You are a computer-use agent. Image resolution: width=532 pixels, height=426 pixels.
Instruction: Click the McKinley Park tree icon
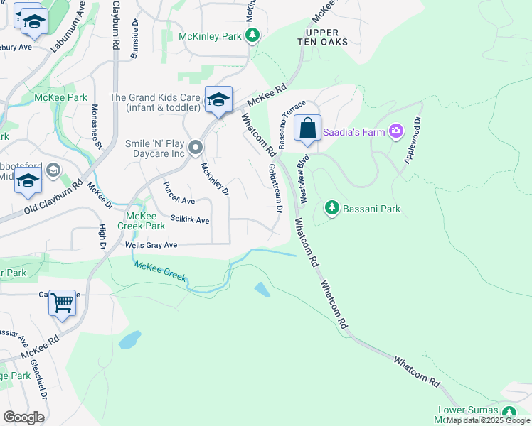(x=251, y=35)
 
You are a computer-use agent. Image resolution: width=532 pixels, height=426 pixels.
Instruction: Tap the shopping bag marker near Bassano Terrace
(x=307, y=129)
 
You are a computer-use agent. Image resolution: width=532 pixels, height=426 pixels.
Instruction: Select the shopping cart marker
(x=63, y=303)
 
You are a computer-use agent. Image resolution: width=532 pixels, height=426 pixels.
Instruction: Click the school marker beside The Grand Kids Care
(x=218, y=100)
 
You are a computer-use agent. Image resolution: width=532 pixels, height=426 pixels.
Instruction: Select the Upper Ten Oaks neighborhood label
(x=326, y=37)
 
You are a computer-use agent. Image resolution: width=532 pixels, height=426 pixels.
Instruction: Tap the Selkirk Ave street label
(x=190, y=220)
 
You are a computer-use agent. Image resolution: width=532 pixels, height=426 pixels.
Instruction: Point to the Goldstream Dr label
(x=274, y=187)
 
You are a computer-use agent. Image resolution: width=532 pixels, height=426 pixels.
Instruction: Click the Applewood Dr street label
(x=413, y=141)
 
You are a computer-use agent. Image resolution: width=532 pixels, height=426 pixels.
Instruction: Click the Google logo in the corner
(x=23, y=417)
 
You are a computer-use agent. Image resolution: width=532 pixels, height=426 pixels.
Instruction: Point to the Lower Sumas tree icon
(x=509, y=412)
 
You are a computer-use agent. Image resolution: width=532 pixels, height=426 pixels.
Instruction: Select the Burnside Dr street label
(x=134, y=39)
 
